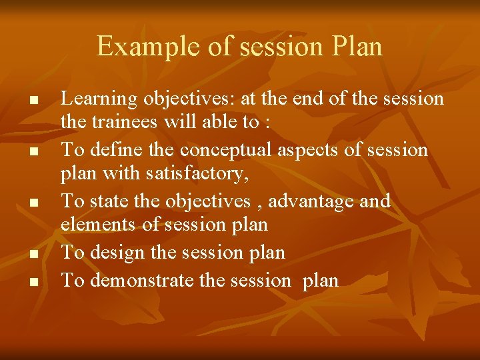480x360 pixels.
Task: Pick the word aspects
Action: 313,150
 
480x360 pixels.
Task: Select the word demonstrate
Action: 141,281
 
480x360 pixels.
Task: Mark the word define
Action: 116,150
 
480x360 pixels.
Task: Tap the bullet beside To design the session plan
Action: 31,254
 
